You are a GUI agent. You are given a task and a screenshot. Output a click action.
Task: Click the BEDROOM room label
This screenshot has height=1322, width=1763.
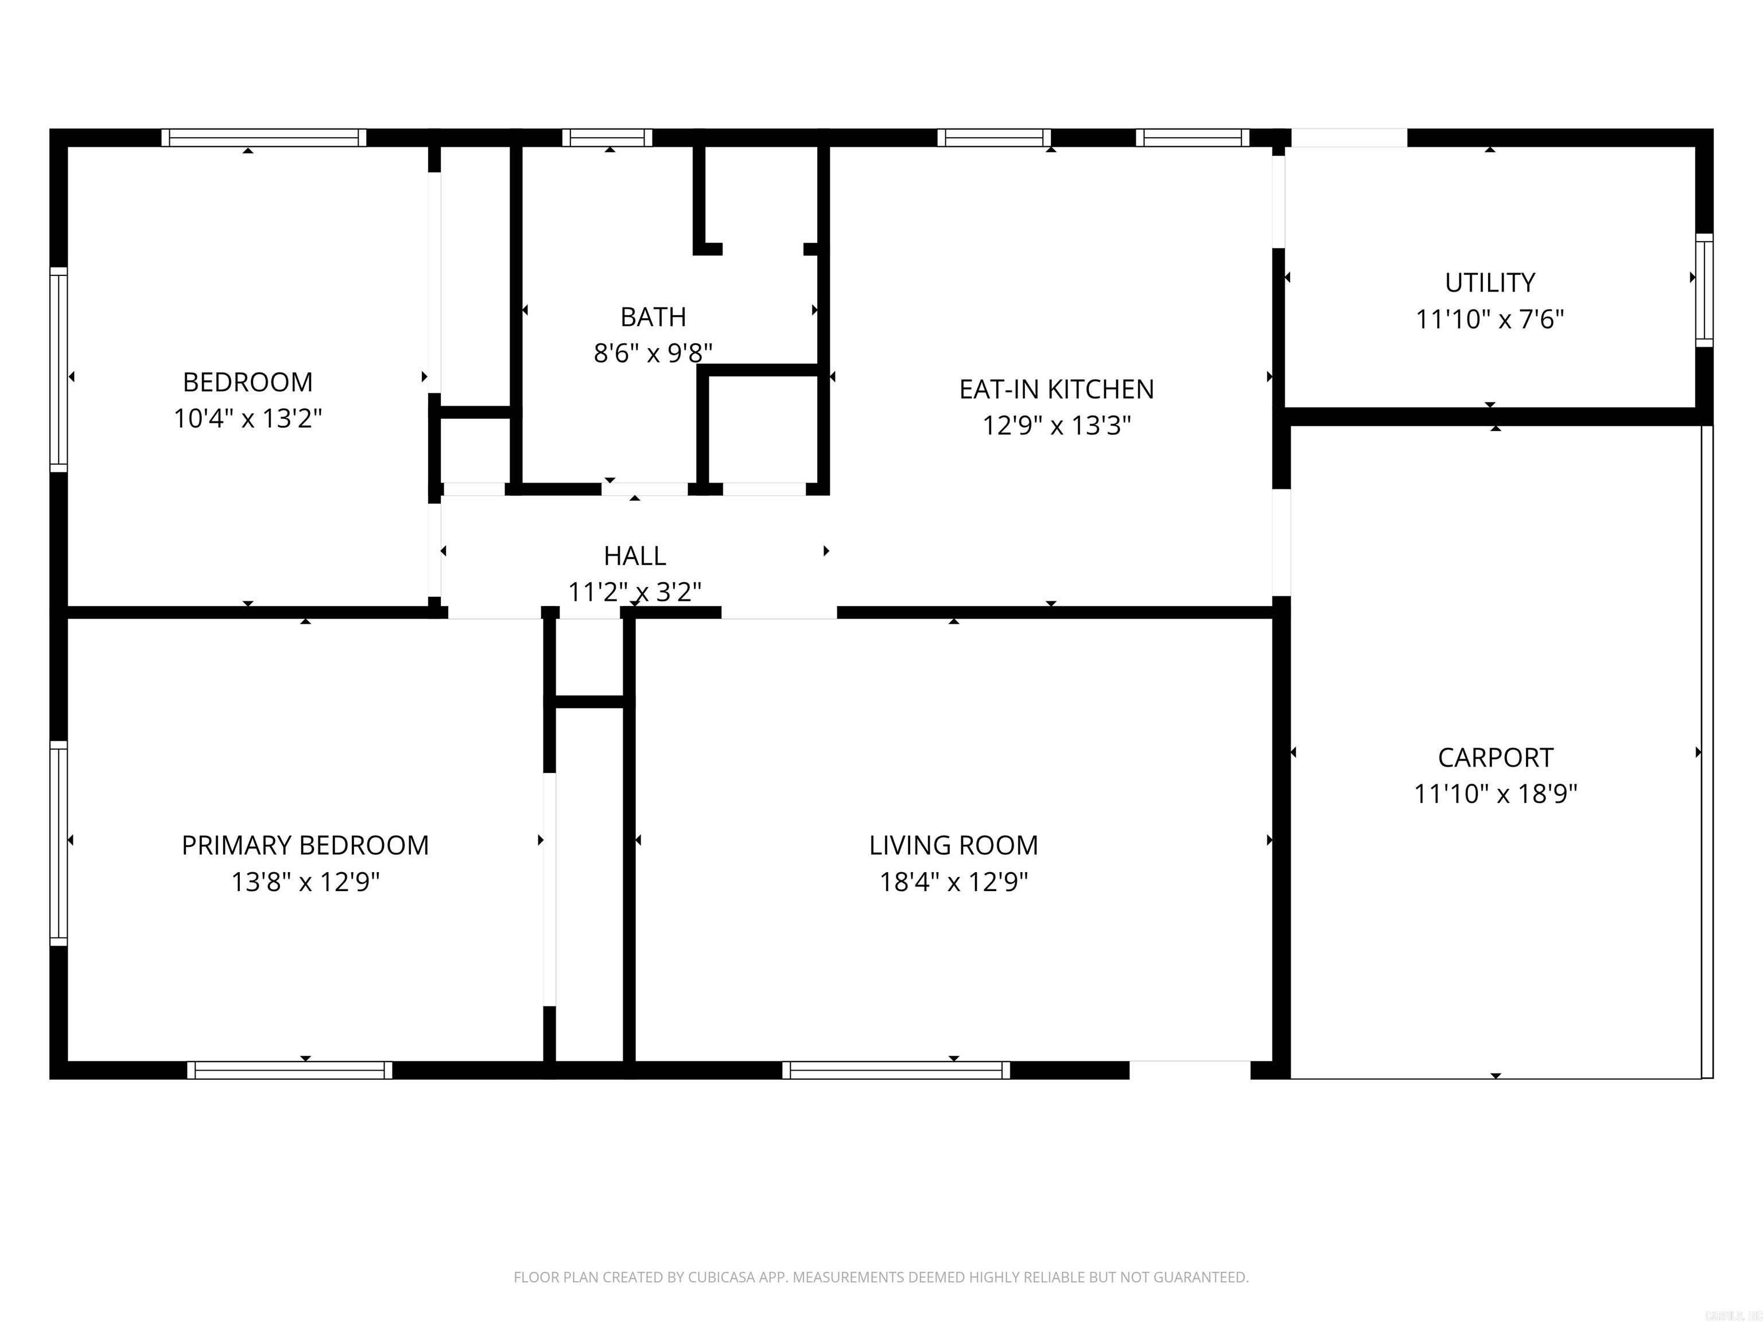coord(247,383)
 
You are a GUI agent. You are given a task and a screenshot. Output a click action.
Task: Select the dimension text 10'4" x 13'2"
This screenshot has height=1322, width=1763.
coord(247,418)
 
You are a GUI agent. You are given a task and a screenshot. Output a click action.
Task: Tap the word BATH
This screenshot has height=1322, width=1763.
coord(653,317)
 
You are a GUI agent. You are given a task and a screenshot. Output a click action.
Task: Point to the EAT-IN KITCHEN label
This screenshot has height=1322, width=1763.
coord(1056,390)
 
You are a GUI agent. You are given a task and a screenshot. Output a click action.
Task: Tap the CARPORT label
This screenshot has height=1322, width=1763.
coord(1495,757)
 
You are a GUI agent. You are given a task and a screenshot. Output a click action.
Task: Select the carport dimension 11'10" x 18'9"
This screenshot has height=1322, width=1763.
coord(1495,794)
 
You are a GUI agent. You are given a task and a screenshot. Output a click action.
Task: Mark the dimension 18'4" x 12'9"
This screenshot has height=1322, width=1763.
coord(953,882)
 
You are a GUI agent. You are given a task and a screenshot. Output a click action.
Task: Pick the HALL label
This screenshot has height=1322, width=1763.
coord(634,555)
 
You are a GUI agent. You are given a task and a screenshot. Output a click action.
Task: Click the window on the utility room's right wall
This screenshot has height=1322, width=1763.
coord(1703,290)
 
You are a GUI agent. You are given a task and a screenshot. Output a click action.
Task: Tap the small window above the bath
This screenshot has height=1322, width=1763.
coord(607,138)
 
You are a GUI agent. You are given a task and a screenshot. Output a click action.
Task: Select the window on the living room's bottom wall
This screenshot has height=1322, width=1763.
coord(896,1070)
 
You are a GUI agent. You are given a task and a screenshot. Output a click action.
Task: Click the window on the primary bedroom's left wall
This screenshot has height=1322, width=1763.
coord(58,843)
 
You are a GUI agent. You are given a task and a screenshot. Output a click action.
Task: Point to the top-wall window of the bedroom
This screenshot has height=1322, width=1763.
coord(264,138)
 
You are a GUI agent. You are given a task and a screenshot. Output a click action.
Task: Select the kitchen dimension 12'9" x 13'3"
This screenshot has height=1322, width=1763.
coord(1056,426)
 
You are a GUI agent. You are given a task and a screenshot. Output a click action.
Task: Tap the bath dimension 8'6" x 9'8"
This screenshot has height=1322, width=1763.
coord(653,353)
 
